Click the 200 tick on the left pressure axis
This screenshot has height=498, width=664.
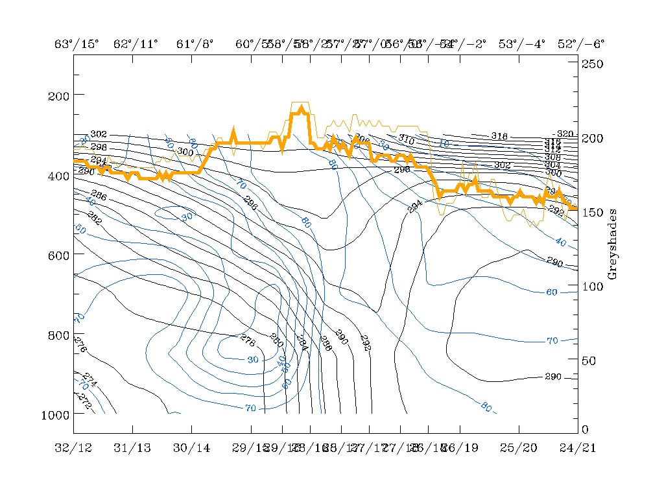[73, 95]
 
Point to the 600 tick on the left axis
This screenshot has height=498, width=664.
[73, 255]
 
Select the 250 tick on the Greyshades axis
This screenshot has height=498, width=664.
[578, 64]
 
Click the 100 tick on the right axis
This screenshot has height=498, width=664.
[578, 286]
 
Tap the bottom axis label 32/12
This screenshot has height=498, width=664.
[73, 447]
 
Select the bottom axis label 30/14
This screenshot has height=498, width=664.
[192, 447]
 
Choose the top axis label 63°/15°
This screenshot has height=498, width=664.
[77, 44]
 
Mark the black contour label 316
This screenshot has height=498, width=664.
[499, 136]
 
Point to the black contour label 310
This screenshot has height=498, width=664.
[406, 139]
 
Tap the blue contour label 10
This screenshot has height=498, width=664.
[444, 143]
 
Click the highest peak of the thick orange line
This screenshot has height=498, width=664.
[302, 108]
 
